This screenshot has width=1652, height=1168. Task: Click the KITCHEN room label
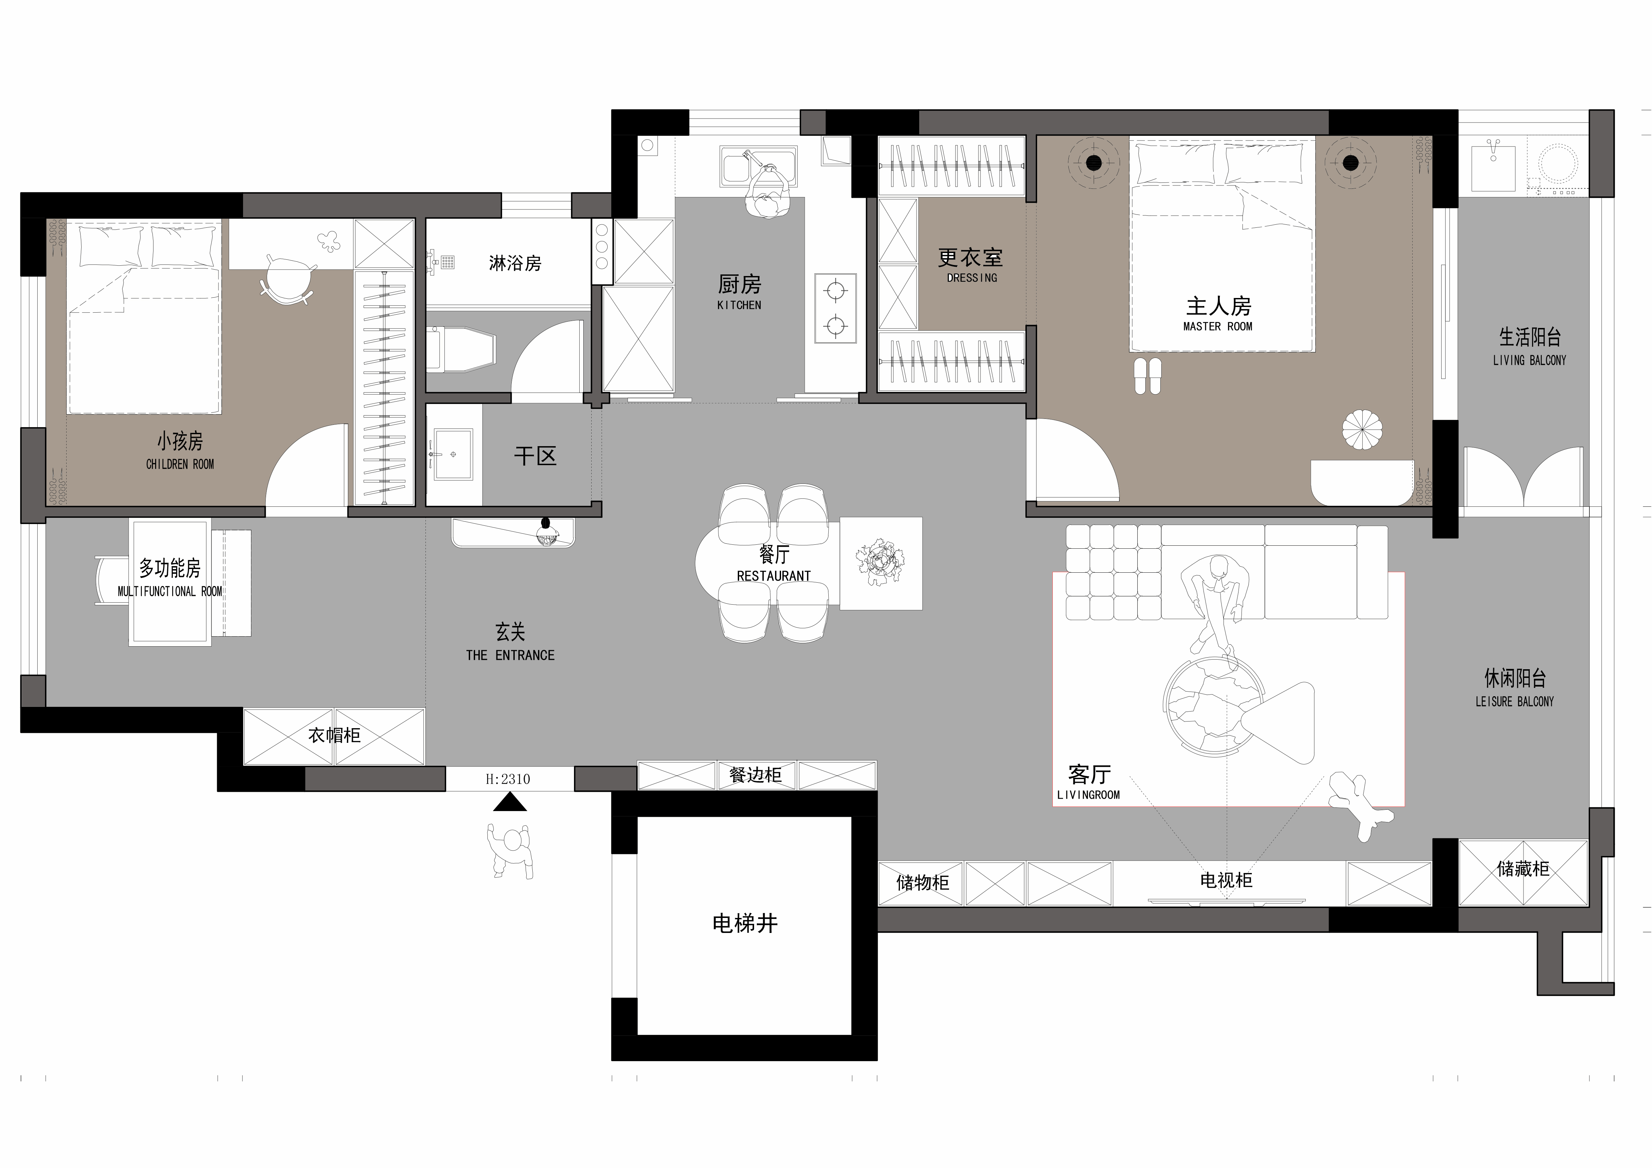click(x=739, y=305)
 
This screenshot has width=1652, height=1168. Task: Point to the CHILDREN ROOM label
click(x=180, y=464)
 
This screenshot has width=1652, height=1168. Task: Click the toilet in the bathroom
click(x=460, y=350)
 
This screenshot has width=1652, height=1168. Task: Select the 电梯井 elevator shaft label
click(x=745, y=923)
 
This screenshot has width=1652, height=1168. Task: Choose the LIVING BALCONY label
click(x=1529, y=360)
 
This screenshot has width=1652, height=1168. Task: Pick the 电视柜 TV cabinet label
click(x=1226, y=880)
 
